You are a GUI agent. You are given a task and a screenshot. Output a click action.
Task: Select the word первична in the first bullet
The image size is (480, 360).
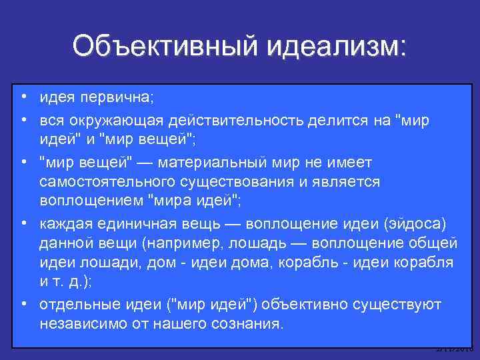point(117,99)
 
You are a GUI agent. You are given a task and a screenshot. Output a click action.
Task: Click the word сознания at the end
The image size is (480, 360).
point(251,324)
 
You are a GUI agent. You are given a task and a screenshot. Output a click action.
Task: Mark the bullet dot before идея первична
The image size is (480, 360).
point(23,98)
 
